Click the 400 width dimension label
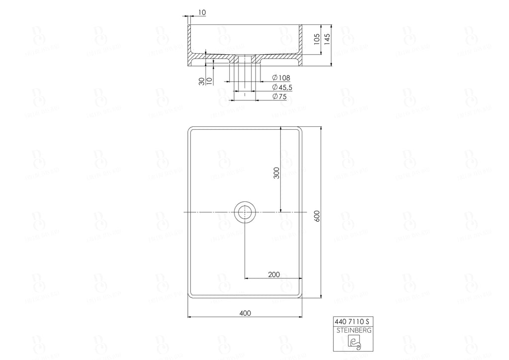[245, 313]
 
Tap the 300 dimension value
[277, 172]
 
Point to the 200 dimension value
[273, 274]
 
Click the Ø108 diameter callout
[281, 78]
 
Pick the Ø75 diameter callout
[280, 97]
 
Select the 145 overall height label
[327, 40]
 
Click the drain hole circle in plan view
[245, 212]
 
